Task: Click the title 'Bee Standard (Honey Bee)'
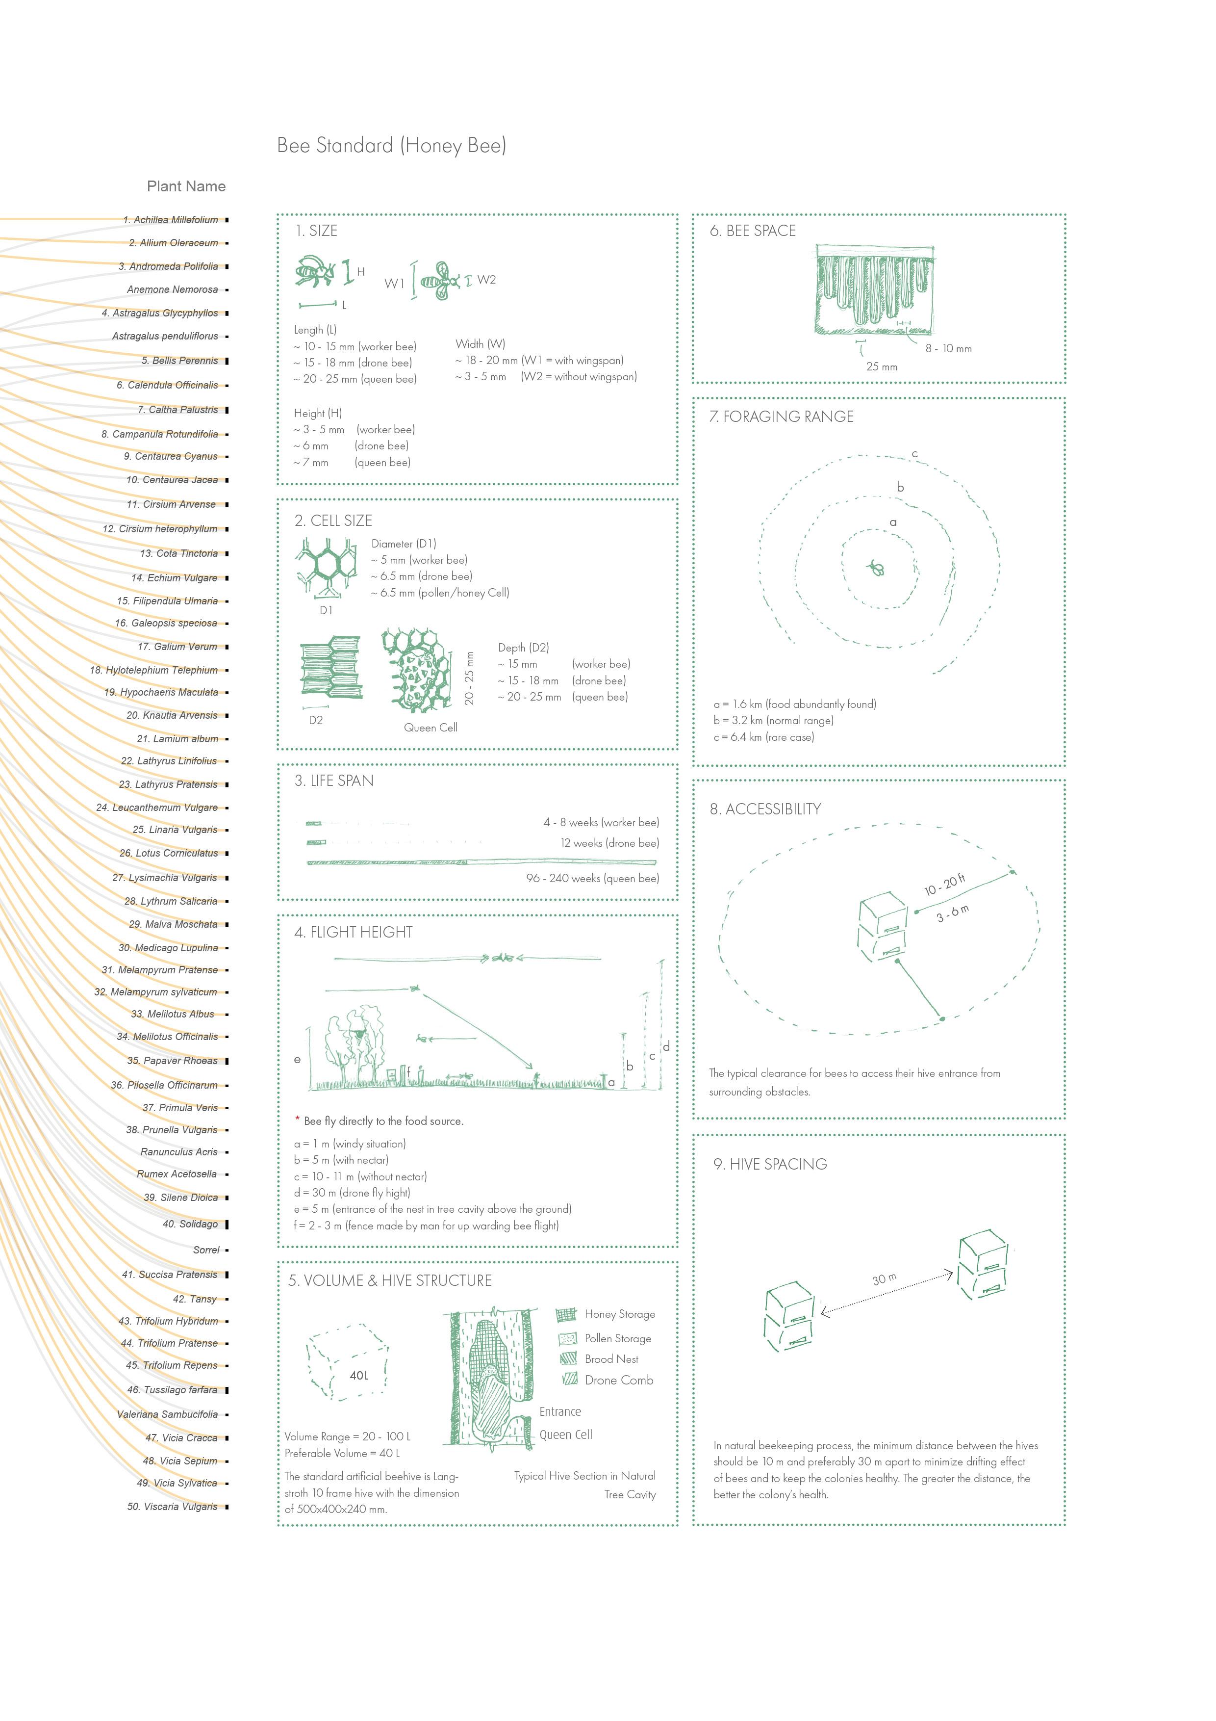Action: (391, 145)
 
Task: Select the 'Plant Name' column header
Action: (186, 186)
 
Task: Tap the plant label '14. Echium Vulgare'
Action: (174, 578)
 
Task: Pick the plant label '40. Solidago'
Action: (190, 1224)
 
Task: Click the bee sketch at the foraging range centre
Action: (876, 568)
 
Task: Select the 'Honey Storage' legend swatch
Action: (566, 1314)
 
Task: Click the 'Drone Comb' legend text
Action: (619, 1380)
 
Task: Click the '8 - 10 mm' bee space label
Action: (948, 348)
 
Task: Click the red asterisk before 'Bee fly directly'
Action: (298, 1120)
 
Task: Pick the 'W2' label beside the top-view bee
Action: (486, 280)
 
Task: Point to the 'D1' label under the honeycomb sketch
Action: (326, 610)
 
